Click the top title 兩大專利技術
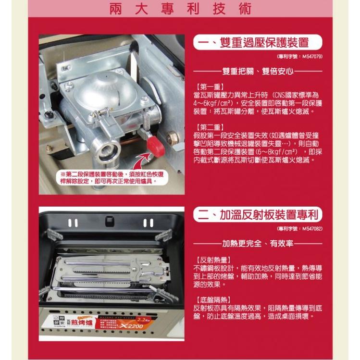(x=180, y=11)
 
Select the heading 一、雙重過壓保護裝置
(x=257, y=43)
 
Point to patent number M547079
(x=300, y=56)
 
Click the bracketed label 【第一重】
(x=207, y=87)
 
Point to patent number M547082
(x=300, y=229)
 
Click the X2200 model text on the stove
(x=137, y=327)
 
